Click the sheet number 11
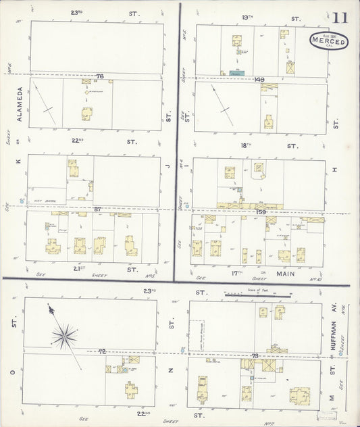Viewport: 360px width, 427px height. [x=340, y=18]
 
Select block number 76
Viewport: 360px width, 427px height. [x=100, y=76]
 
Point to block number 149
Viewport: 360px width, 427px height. [x=259, y=80]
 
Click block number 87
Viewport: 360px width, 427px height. [x=98, y=209]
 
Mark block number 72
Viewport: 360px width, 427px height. [x=102, y=352]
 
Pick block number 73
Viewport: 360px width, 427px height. [x=255, y=355]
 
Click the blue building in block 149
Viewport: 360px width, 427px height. [x=236, y=72]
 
